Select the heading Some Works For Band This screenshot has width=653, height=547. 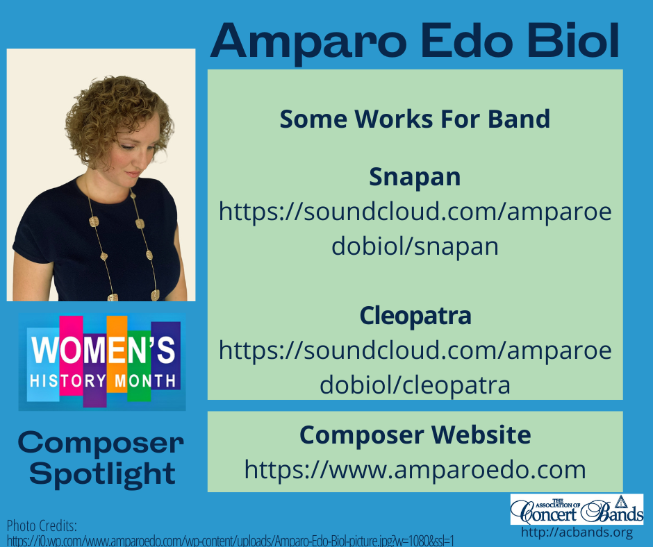(415, 119)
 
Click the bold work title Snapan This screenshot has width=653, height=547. (415, 177)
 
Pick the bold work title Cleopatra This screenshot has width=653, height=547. (415, 316)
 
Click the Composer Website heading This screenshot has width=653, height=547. (415, 435)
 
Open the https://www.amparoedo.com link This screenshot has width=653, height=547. (415, 470)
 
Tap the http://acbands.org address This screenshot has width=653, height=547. (577, 533)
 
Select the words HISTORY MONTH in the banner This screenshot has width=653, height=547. (103, 380)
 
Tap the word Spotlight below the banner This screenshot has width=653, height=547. (103, 473)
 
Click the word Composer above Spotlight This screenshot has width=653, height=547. (101, 441)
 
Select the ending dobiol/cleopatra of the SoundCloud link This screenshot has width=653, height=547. (415, 385)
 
